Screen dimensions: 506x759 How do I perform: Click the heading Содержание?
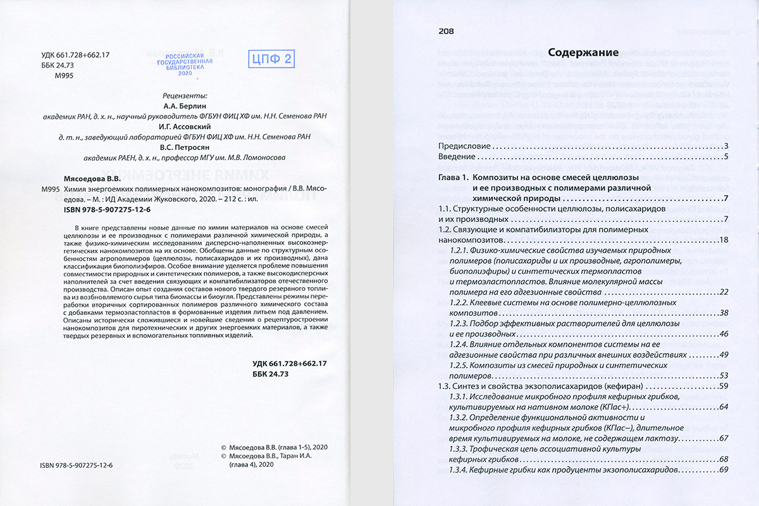583,52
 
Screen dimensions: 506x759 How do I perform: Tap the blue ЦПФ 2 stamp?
271,60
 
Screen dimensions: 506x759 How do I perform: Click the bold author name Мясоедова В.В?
96,179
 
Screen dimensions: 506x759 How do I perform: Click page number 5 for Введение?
727,157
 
